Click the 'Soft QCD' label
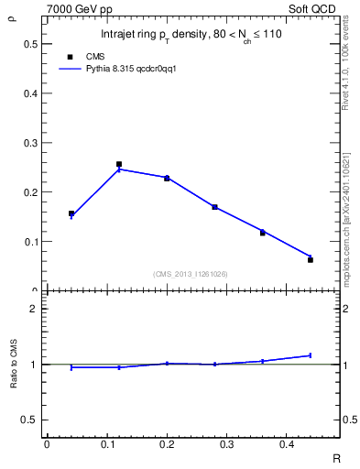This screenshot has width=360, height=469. (x=317, y=7)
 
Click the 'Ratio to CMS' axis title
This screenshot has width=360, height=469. (x=13, y=365)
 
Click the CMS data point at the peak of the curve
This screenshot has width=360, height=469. (x=119, y=164)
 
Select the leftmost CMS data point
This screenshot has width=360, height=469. (x=71, y=213)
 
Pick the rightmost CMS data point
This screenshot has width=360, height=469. (x=311, y=260)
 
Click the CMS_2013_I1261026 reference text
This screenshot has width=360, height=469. (x=191, y=274)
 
